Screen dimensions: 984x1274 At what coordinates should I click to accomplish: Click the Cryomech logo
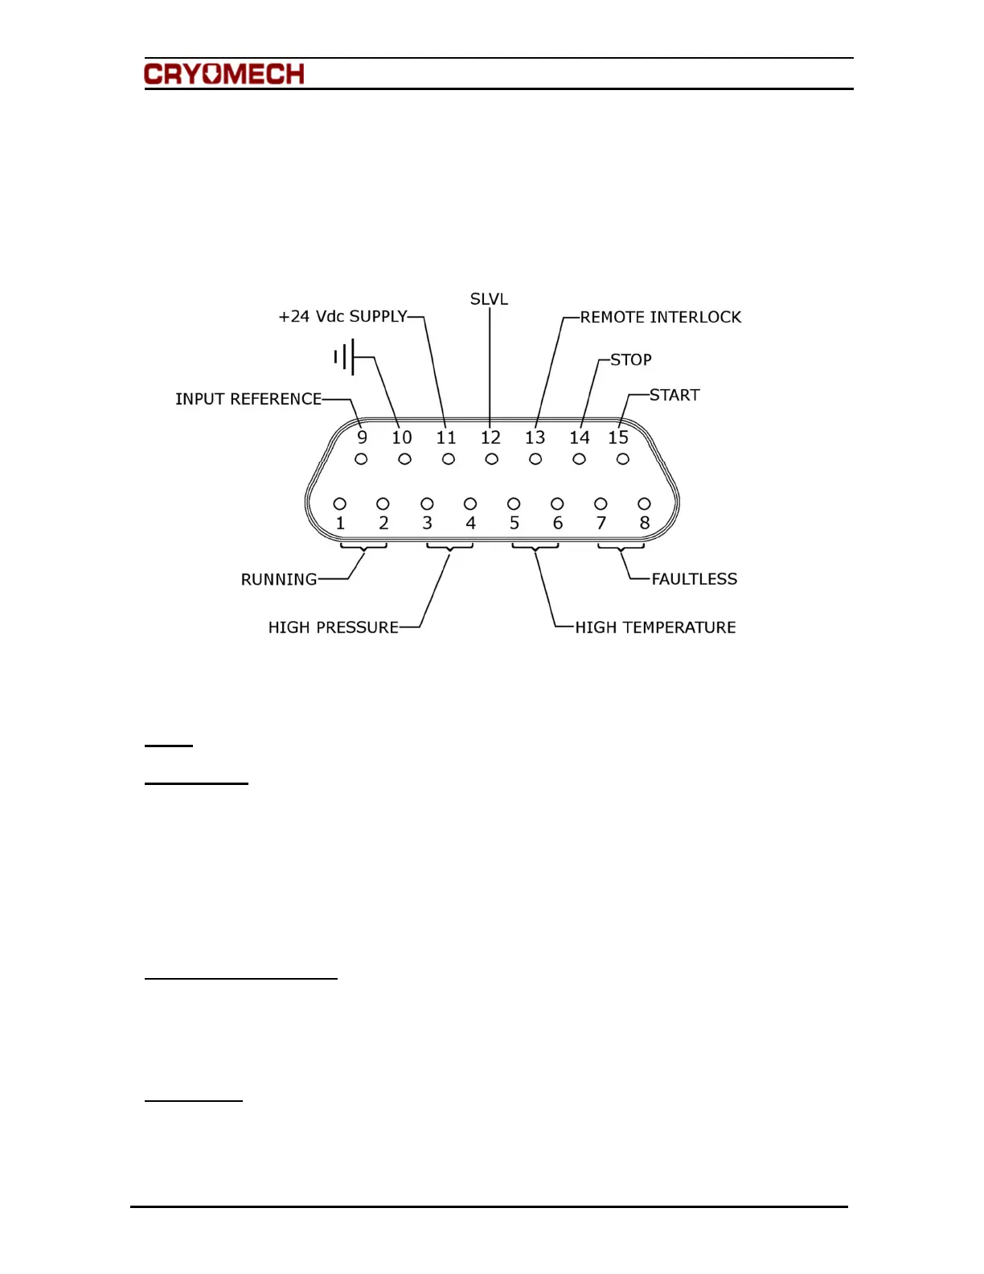[x=224, y=75]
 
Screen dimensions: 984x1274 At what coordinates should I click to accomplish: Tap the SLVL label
[x=489, y=299]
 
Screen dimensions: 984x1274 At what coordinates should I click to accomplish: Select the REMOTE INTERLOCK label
[x=660, y=318]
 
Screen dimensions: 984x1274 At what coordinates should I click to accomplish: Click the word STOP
[x=630, y=360]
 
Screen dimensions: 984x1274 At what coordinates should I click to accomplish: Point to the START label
[x=674, y=395]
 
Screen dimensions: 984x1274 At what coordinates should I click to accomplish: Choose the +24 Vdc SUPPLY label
[x=342, y=317]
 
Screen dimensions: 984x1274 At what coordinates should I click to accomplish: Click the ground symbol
[x=345, y=356]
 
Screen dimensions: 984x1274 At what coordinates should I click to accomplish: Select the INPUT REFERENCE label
[x=248, y=399]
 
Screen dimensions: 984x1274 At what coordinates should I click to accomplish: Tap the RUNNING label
[x=279, y=580]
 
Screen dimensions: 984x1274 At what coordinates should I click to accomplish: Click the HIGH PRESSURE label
[x=333, y=627]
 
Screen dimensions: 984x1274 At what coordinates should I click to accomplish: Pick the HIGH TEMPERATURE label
[x=655, y=627]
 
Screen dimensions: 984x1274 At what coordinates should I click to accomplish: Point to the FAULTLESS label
[x=694, y=579]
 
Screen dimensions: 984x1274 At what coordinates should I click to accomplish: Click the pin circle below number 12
[x=492, y=459]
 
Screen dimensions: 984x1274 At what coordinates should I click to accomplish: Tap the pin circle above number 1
[x=340, y=503]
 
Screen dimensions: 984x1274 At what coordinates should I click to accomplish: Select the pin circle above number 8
[x=644, y=503]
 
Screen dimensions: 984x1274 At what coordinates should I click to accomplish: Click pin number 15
[x=617, y=438]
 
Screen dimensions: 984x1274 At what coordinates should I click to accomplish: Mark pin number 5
[x=515, y=523]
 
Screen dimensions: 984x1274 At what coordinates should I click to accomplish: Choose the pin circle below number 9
[x=361, y=459]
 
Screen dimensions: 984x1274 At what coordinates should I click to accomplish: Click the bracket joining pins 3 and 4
[x=449, y=547]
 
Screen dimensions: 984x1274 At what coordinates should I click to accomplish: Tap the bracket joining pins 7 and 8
[x=621, y=547]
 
